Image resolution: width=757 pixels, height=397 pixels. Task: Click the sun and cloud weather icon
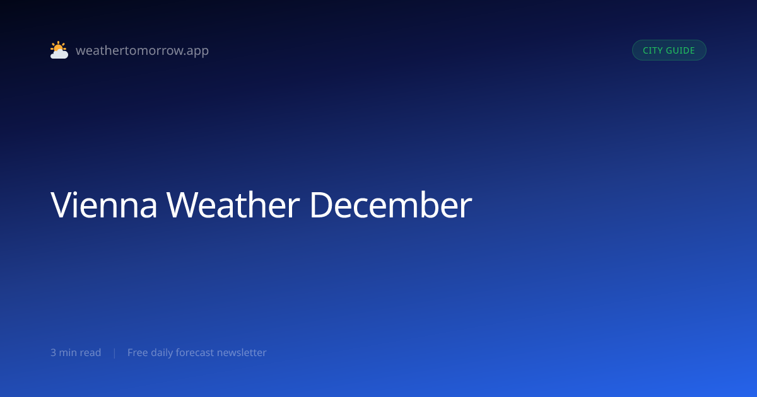click(59, 50)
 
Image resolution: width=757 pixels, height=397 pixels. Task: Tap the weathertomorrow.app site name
click(143, 50)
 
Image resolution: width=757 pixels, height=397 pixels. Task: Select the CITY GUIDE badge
click(669, 50)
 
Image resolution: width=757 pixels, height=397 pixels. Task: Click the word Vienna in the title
click(103, 205)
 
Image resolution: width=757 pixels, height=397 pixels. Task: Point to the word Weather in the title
click(233, 205)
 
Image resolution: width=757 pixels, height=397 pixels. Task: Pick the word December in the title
click(390, 205)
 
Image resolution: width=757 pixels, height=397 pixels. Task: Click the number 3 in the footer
click(53, 353)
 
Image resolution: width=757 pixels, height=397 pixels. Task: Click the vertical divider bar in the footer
click(115, 353)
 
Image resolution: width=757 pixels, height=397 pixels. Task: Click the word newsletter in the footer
click(242, 353)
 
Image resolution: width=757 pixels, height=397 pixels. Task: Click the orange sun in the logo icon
click(58, 47)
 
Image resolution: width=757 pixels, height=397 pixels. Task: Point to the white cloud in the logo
click(59, 54)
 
